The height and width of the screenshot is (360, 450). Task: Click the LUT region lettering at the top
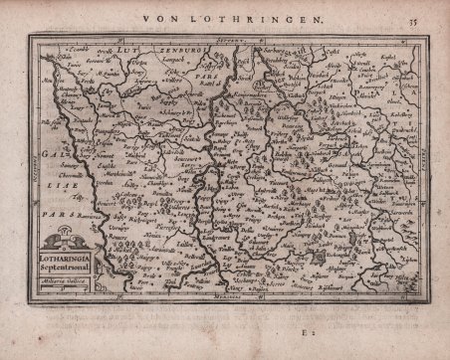tap(129, 47)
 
